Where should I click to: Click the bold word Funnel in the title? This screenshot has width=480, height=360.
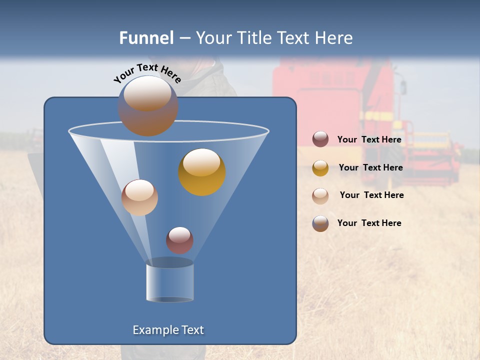point(146,38)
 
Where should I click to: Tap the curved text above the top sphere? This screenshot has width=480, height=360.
point(147,72)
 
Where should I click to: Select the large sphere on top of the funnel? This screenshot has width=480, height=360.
point(148,105)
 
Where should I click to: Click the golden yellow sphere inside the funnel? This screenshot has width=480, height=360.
point(202,172)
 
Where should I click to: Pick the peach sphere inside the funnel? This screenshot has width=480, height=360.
point(139,197)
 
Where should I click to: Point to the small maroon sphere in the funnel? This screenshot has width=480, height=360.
point(179,240)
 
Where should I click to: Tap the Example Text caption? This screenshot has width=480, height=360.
point(168,330)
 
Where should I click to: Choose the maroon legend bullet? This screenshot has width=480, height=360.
point(320,139)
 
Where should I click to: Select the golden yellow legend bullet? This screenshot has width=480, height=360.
point(320,168)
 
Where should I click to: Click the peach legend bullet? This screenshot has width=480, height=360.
point(320,196)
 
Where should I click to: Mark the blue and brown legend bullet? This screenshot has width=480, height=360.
point(320,223)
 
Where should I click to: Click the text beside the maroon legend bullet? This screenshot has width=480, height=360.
point(369,139)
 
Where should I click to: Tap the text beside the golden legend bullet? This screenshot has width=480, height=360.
point(370,167)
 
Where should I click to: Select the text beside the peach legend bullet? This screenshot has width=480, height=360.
point(371,195)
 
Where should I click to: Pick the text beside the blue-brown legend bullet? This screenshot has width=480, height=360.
point(369,223)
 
